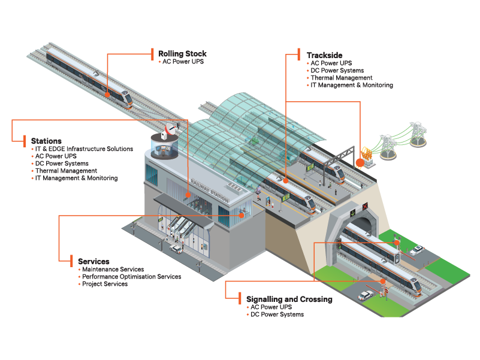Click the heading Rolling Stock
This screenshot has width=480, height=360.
[182, 54]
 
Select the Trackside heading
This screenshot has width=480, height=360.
[324, 55]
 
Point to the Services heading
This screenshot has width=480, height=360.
[93, 262]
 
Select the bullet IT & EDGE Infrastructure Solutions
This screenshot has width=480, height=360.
[84, 149]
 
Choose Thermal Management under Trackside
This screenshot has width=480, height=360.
[341, 78]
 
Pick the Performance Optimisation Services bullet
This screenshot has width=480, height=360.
[131, 277]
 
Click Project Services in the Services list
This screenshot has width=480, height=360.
[105, 284]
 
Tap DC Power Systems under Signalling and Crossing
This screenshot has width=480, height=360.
[277, 314]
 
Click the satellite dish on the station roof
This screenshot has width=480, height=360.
[170, 129]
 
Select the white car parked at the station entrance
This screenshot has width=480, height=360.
[176, 248]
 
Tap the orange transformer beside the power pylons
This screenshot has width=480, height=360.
[361, 162]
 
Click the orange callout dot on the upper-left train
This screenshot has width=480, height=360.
[107, 94]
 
